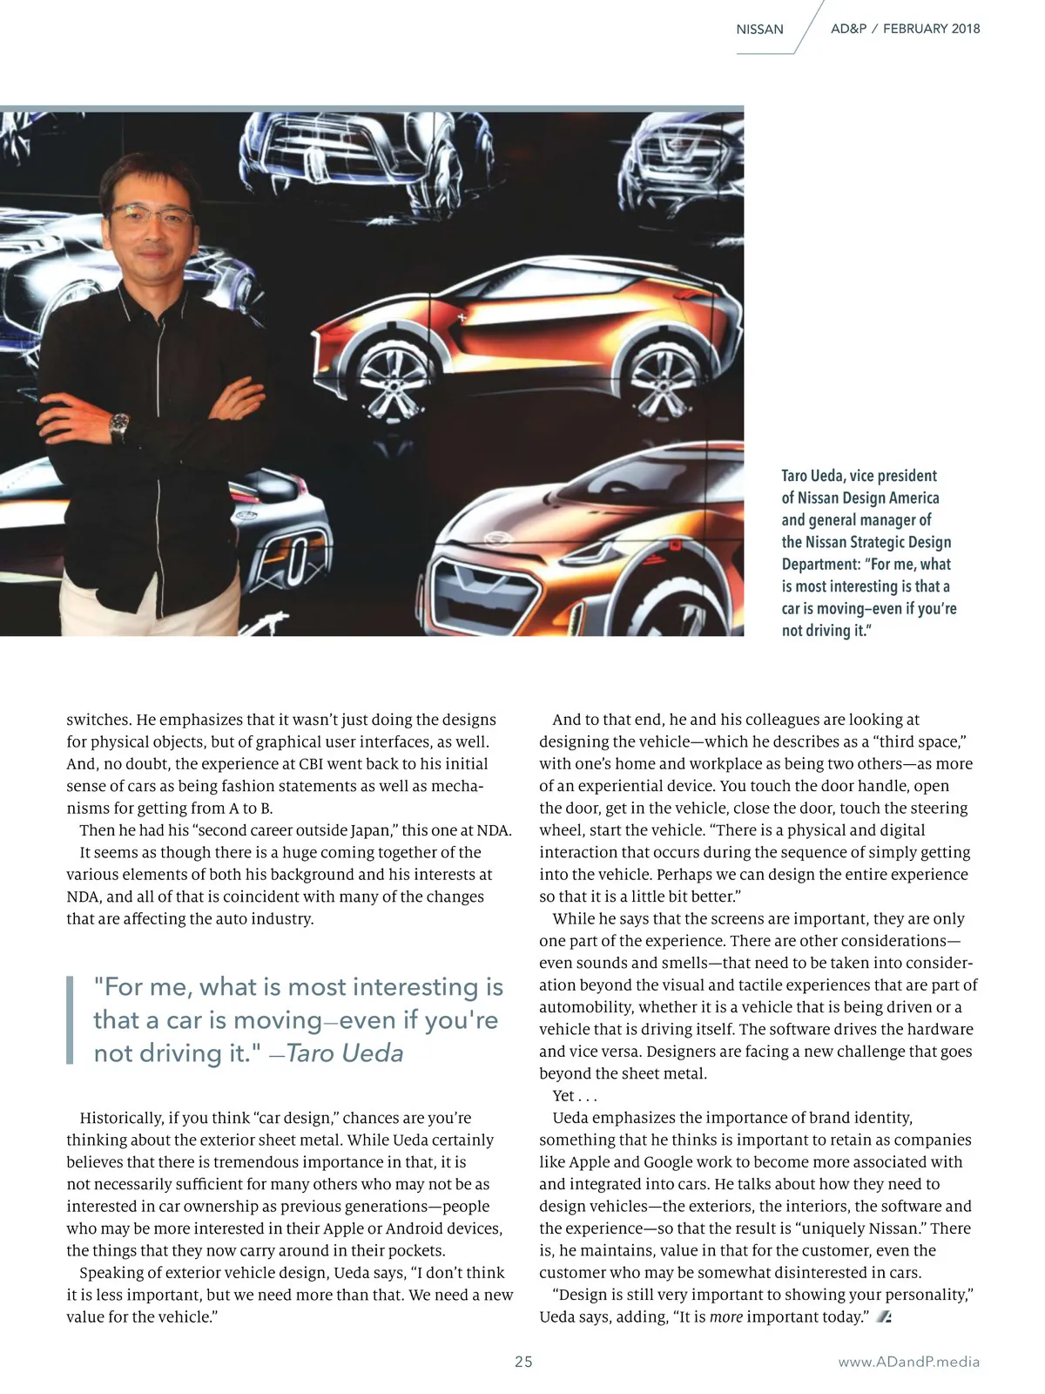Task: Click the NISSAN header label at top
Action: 759,30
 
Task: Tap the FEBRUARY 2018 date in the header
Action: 931,29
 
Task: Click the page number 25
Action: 523,1362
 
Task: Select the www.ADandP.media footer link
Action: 908,1362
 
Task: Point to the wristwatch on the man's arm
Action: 119,427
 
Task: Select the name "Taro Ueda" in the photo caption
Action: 812,476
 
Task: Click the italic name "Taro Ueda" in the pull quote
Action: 345,1053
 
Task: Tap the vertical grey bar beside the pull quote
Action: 70,1019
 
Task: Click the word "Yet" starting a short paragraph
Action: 563,1096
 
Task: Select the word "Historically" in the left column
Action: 121,1118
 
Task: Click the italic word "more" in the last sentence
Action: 726,1317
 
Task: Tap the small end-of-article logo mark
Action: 883,1317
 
